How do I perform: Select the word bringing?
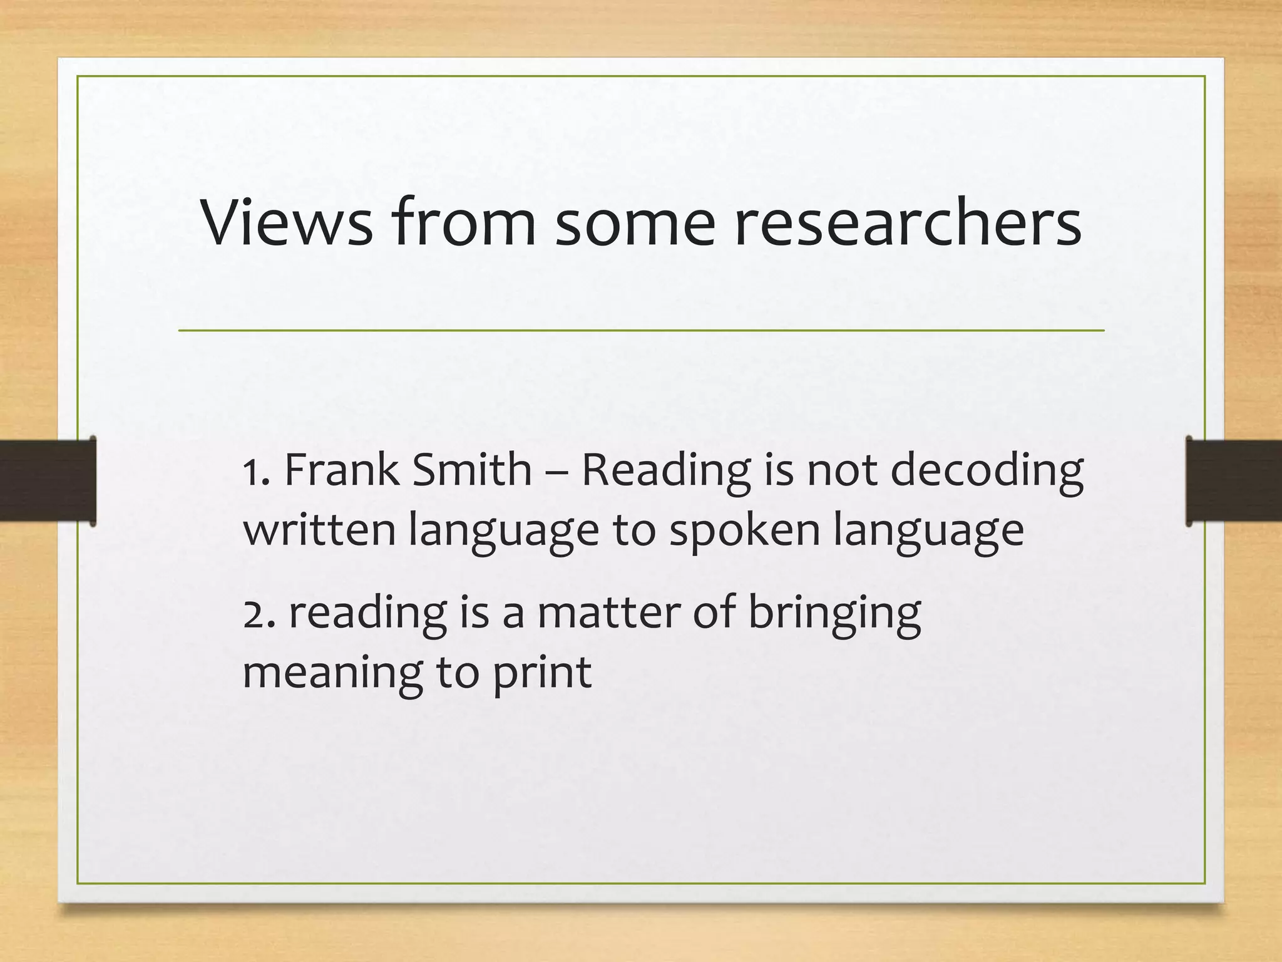(x=834, y=614)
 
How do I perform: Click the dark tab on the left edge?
(x=48, y=480)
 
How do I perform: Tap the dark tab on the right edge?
(x=1234, y=480)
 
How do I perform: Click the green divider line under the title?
(x=641, y=330)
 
